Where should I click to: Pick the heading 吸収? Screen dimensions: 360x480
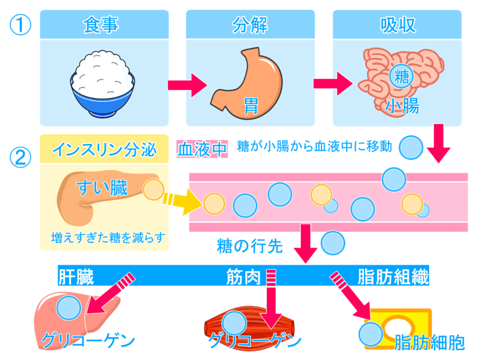click(x=398, y=25)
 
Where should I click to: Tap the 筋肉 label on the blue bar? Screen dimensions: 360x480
click(x=242, y=277)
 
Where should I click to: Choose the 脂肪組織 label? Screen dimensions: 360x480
click(x=393, y=277)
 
